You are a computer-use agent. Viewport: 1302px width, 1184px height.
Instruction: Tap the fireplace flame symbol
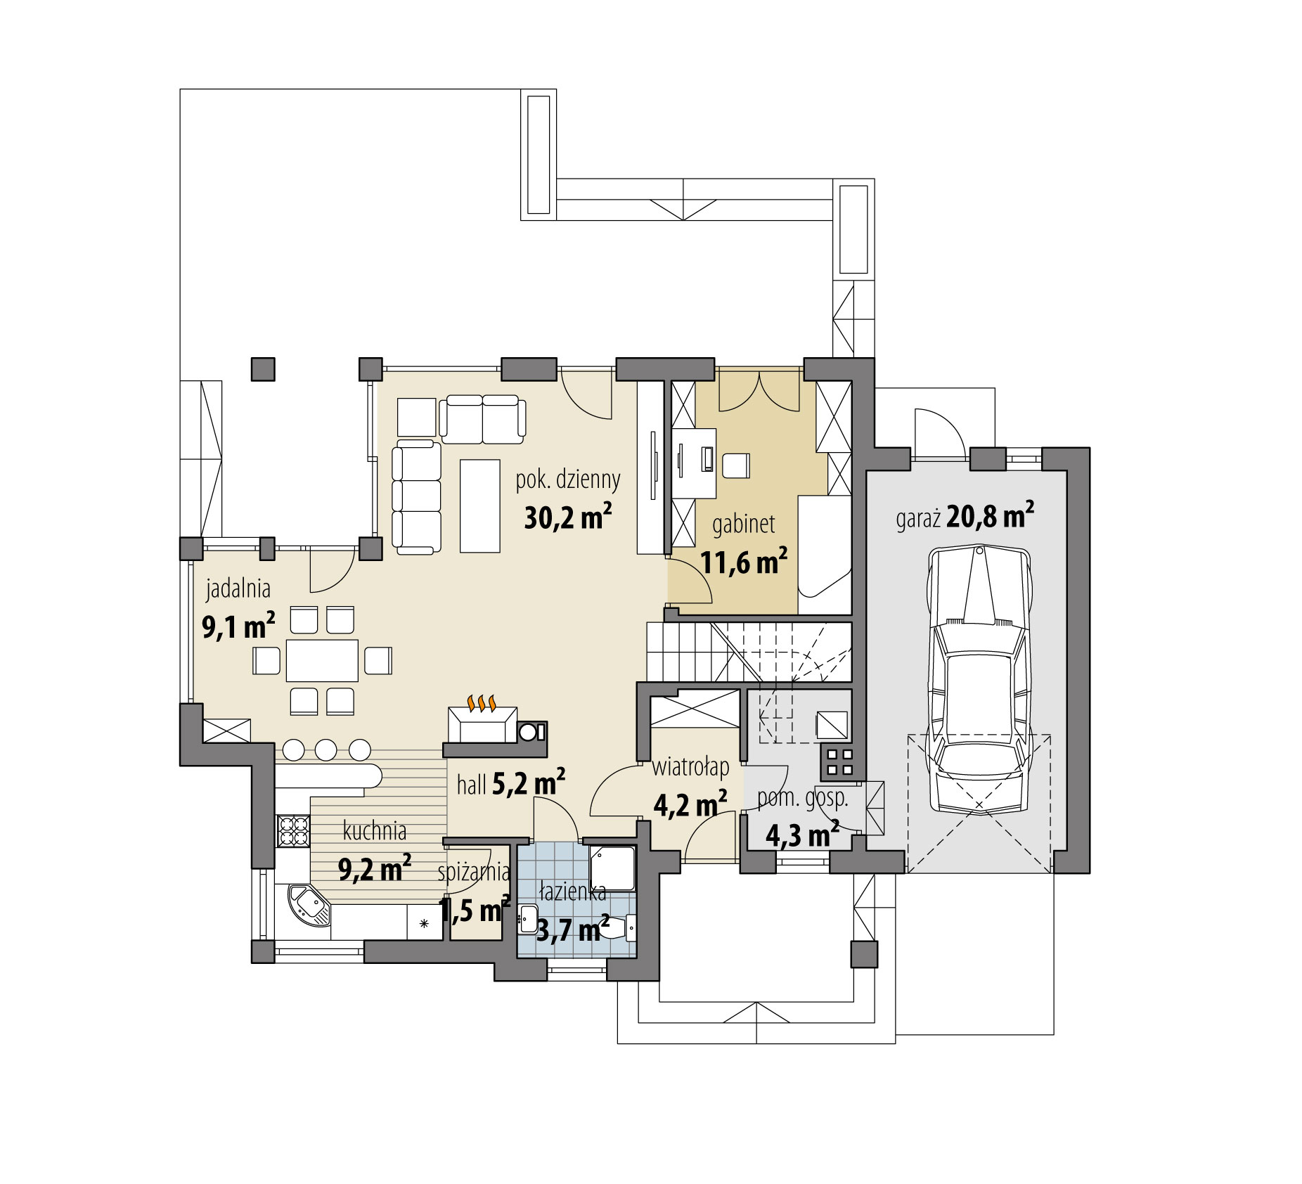click(482, 702)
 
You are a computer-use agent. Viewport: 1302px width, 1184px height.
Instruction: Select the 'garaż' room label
click(917, 520)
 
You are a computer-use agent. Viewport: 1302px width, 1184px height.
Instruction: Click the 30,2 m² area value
click(567, 518)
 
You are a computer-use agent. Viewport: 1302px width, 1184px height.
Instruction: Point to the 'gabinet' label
click(743, 524)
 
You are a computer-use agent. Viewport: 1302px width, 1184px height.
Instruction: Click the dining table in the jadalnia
click(322, 660)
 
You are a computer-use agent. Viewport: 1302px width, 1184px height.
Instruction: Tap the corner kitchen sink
click(309, 906)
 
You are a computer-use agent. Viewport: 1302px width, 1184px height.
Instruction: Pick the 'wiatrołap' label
click(690, 767)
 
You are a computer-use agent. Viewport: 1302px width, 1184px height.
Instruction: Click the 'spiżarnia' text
click(474, 872)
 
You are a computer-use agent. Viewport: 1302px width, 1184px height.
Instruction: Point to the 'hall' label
click(471, 785)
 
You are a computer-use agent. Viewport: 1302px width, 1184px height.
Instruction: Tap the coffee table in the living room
click(480, 505)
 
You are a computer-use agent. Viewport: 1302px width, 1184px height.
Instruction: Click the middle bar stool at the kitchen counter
click(326, 749)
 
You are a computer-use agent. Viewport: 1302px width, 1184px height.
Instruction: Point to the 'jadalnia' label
click(238, 589)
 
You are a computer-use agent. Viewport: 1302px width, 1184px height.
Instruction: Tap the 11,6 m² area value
click(743, 562)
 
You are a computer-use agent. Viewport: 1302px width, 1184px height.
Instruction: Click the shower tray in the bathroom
click(612, 869)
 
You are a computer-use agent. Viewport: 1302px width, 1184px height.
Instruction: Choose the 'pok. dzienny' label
click(568, 480)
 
